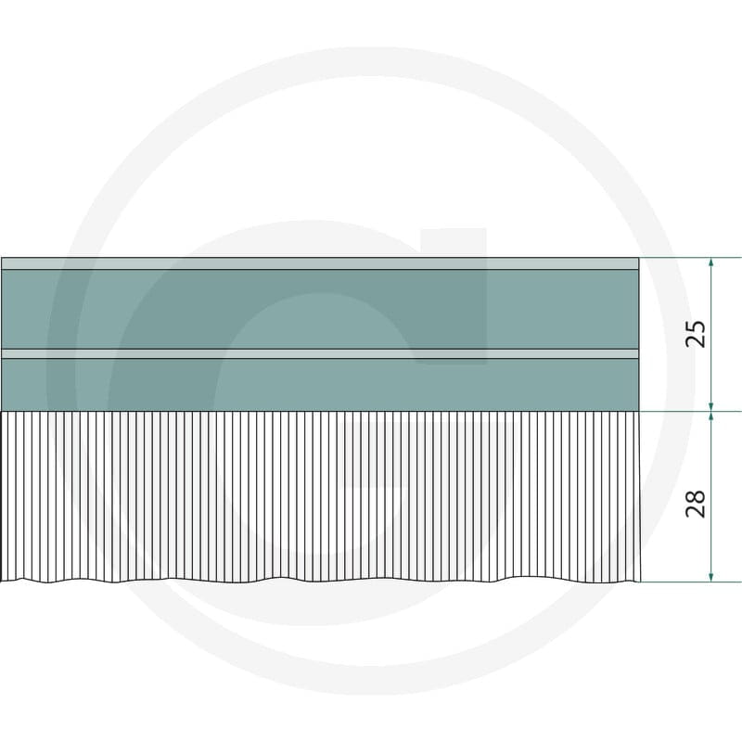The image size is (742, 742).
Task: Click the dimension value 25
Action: tap(695, 334)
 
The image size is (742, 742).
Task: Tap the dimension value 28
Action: tap(695, 504)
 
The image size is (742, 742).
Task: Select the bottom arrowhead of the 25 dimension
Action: tap(710, 406)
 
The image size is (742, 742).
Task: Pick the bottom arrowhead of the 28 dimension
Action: tap(710, 576)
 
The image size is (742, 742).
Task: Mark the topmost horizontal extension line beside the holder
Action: tap(690, 258)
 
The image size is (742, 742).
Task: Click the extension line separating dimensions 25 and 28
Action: tap(690, 412)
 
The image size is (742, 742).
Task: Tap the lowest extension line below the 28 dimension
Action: tap(690, 582)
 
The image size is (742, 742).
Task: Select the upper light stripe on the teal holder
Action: tap(320, 263)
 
